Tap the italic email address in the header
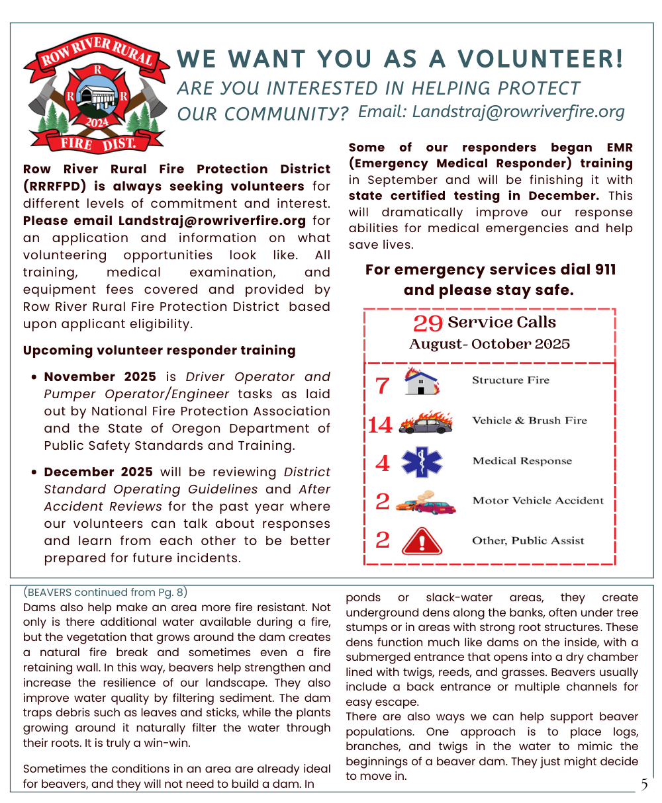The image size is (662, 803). click(x=491, y=112)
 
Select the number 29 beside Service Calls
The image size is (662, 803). click(x=428, y=323)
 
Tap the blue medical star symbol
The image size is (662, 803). click(x=421, y=462)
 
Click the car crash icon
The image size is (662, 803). click(x=426, y=503)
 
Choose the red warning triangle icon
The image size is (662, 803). click(x=422, y=541)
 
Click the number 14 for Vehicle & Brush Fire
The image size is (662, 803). click(x=380, y=425)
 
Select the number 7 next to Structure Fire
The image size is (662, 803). click(x=382, y=385)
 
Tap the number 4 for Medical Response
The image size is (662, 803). click(x=382, y=463)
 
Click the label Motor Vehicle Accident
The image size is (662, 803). click(x=538, y=501)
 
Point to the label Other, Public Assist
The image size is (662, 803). click(x=528, y=540)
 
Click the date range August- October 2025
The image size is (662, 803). click(x=489, y=344)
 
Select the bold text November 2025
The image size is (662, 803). click(x=100, y=376)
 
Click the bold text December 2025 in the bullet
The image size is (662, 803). click(x=98, y=472)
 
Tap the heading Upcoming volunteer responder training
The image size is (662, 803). click(x=159, y=350)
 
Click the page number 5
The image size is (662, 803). click(x=643, y=785)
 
